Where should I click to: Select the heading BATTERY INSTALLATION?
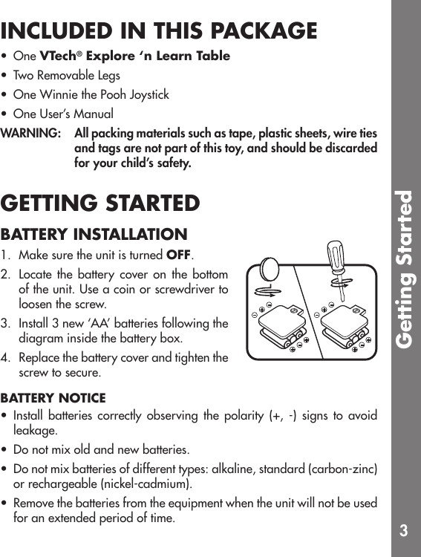tap(94, 235)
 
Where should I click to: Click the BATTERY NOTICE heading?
tap(53, 399)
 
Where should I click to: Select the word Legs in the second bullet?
tap(107, 76)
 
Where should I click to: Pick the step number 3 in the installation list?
tap(5, 325)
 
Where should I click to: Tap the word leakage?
tap(35, 431)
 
